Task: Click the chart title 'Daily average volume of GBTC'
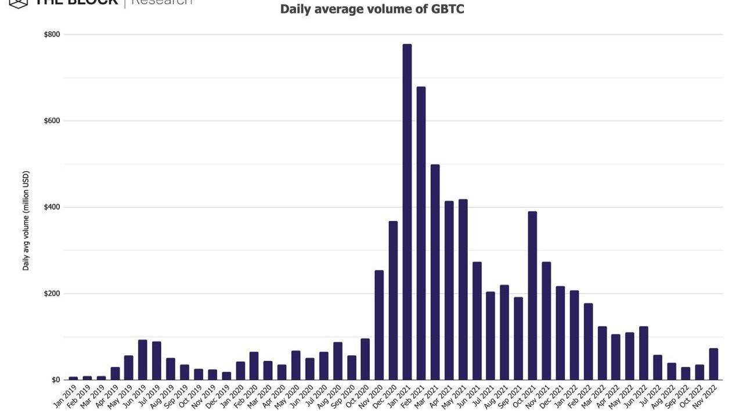point(372,9)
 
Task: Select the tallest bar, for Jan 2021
point(407,212)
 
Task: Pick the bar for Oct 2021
point(532,295)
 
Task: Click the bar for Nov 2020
point(379,325)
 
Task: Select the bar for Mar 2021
point(435,272)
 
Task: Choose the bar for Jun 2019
point(142,360)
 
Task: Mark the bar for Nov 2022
point(713,364)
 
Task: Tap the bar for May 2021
point(463,290)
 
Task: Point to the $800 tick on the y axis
point(52,34)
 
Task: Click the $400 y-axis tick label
point(52,207)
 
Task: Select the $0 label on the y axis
point(56,380)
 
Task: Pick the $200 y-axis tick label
point(52,294)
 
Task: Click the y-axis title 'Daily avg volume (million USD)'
point(26,221)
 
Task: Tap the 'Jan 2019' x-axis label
point(65,396)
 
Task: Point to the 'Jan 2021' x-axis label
point(399,396)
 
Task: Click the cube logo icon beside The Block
point(19,3)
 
